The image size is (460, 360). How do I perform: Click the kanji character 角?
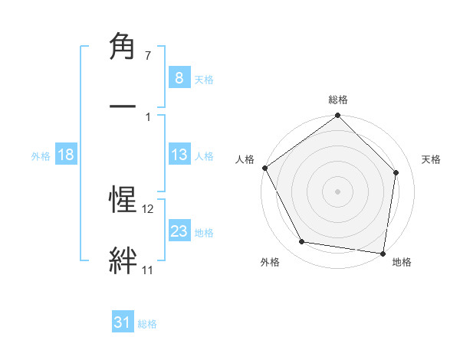pos(123,48)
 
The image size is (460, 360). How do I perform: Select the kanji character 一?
pos(123,105)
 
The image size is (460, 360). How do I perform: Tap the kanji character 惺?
pos(123,201)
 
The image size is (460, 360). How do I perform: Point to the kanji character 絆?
pos(123,260)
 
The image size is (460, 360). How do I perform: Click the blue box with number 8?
pos(179,77)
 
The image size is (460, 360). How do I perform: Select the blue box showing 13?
pos(179,155)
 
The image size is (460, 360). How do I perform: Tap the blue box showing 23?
pos(179,231)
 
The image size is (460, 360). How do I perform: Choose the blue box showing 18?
pos(66,155)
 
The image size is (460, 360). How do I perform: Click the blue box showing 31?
pos(123,322)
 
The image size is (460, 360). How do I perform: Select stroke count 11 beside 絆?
pos(147,270)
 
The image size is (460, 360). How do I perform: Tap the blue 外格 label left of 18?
pos(41,155)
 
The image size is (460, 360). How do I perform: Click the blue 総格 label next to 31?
pos(147,323)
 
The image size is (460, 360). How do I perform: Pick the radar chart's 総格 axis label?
pos(338,100)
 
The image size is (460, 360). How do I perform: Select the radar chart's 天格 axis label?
pos(432,159)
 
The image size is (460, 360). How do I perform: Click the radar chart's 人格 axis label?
pos(245,159)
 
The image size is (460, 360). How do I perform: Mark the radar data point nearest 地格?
pos(383,253)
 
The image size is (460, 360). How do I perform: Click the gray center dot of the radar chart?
pos(338,191)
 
